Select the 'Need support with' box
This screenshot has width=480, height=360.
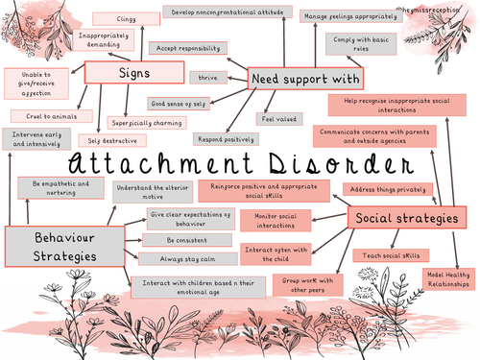click(304, 78)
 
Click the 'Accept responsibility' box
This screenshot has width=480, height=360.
click(190, 48)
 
